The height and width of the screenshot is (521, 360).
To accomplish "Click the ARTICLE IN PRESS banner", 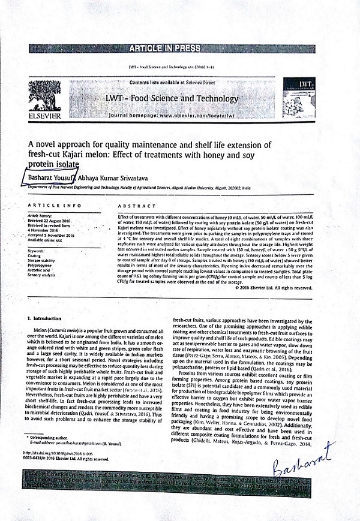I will (x=180, y=47).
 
